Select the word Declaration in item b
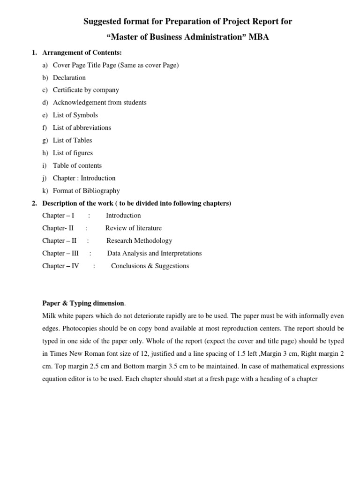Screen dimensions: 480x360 coord(69,78)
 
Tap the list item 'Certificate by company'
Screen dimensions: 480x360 coord(86,90)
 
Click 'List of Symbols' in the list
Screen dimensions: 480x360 coord(75,115)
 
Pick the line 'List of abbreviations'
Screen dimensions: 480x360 coord(82,127)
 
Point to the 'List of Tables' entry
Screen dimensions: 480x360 coord(72,140)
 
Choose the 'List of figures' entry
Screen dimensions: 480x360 coord(73,153)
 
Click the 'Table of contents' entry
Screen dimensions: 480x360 coord(77,165)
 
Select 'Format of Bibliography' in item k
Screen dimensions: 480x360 coord(86,191)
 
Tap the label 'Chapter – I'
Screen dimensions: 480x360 coord(58,216)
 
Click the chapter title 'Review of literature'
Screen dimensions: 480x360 coord(134,228)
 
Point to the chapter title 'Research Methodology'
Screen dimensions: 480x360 coord(139,241)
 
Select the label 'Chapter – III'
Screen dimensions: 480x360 coord(60,254)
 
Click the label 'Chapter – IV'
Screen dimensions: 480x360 coord(60,266)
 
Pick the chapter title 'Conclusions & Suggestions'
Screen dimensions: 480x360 coord(150,266)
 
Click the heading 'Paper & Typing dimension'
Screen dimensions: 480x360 coord(83,303)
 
